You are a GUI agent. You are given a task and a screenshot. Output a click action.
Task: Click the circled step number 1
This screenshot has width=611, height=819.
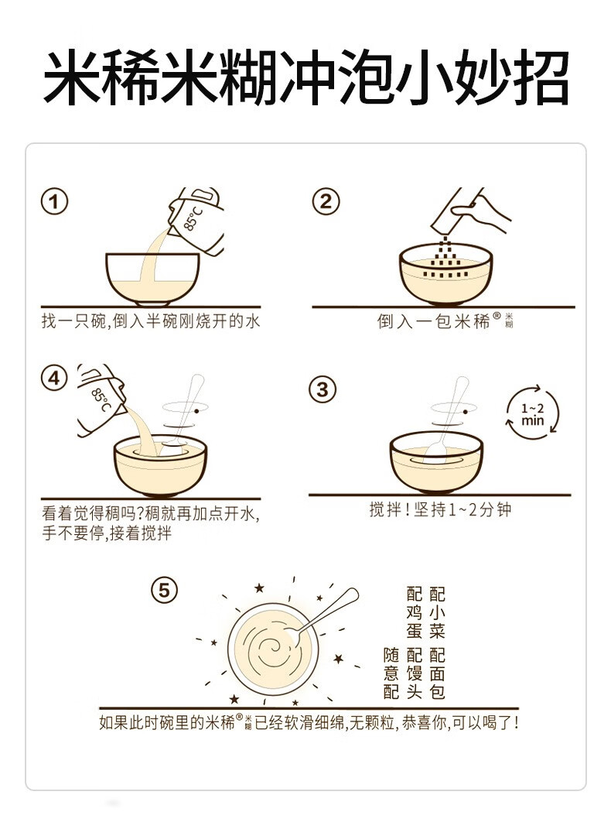click(55, 201)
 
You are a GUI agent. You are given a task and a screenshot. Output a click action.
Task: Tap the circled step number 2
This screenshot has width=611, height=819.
click(326, 201)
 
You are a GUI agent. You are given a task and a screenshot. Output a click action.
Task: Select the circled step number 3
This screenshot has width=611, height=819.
click(323, 389)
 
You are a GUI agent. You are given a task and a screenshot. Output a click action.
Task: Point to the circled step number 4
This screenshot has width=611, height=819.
click(55, 379)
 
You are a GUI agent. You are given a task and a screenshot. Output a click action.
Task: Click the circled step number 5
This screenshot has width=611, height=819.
click(165, 590)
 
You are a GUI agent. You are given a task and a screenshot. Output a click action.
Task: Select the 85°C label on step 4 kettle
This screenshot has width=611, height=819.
click(101, 399)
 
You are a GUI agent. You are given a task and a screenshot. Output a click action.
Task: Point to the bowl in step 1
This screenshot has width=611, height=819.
click(152, 279)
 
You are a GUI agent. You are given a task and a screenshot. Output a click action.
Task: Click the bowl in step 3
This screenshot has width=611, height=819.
click(437, 462)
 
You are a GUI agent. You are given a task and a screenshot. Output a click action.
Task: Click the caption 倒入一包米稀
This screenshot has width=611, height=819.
click(434, 320)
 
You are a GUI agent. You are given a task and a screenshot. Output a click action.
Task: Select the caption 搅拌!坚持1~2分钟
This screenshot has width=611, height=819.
click(440, 509)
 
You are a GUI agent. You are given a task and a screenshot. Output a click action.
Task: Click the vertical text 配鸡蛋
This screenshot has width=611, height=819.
click(415, 612)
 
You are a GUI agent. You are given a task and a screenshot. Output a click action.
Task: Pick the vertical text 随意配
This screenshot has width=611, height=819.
click(391, 673)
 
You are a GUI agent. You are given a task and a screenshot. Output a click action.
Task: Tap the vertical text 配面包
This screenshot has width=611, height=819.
click(437, 673)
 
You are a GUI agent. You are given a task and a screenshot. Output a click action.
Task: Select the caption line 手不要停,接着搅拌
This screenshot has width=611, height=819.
click(107, 533)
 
